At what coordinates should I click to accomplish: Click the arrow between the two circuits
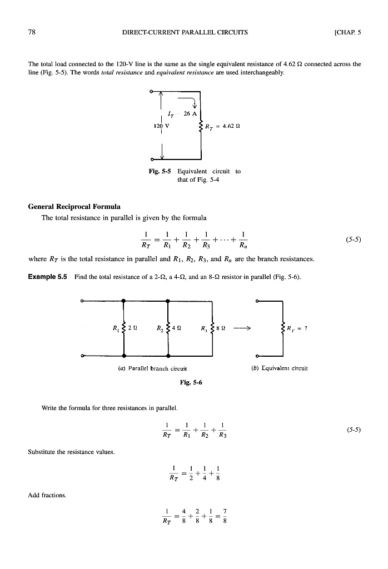tap(244, 328)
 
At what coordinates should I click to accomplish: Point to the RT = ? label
tap(298, 327)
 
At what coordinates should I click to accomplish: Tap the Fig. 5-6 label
tap(192, 382)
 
